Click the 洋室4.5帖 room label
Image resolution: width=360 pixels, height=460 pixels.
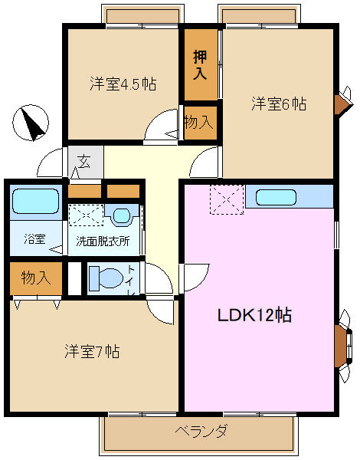point(123,84)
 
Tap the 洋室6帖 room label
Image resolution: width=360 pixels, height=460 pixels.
point(279,103)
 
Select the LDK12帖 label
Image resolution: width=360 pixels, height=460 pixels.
point(254,315)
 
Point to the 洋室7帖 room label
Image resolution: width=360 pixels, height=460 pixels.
point(92,351)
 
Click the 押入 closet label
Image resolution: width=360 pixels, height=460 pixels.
point(200,65)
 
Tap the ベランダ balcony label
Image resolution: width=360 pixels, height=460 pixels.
point(201,431)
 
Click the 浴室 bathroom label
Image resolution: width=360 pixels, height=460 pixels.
point(34,239)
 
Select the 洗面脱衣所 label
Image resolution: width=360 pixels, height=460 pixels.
point(103,242)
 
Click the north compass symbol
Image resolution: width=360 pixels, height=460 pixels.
point(31,123)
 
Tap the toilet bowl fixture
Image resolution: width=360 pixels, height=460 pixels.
point(106,278)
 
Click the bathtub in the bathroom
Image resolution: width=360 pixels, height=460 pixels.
point(36,201)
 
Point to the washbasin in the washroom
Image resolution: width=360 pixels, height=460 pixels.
point(121,215)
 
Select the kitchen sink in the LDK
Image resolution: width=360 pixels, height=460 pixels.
point(276,197)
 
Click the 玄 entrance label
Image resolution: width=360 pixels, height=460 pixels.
point(83,162)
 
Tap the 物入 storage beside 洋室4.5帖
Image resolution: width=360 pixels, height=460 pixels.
point(198,122)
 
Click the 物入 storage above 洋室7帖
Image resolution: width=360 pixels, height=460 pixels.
point(36,278)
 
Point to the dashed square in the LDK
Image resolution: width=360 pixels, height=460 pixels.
point(227,200)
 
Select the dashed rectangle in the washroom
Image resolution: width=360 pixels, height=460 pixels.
point(86,215)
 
